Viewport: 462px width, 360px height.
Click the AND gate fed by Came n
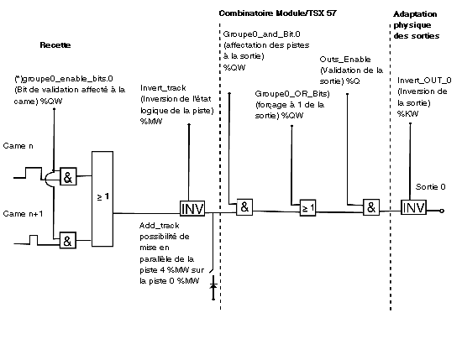tap(68, 176)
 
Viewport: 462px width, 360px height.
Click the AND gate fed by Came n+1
tap(68, 241)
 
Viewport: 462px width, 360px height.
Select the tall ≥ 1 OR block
tap(102, 199)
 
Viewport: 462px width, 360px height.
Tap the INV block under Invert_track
tap(192, 209)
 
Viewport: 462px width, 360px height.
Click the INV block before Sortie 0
tap(413, 207)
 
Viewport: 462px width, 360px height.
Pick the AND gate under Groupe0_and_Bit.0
tap(244, 207)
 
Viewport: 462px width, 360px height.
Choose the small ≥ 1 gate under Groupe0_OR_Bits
tap(308, 208)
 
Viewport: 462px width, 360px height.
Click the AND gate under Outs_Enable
tap(371, 207)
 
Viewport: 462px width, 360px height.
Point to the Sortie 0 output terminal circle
tap(442, 211)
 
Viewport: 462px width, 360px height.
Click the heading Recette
tap(55, 45)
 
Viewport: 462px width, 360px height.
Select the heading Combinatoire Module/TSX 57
tap(277, 13)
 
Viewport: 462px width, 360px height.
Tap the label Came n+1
tap(23, 214)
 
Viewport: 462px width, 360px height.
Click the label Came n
tap(18, 146)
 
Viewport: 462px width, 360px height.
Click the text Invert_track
tap(163, 88)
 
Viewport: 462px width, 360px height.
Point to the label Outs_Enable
tap(345, 60)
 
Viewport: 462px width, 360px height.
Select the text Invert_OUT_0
tap(424, 81)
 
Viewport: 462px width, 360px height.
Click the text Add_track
tap(159, 226)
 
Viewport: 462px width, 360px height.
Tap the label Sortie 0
tap(430, 187)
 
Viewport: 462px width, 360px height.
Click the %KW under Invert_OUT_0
tap(407, 114)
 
